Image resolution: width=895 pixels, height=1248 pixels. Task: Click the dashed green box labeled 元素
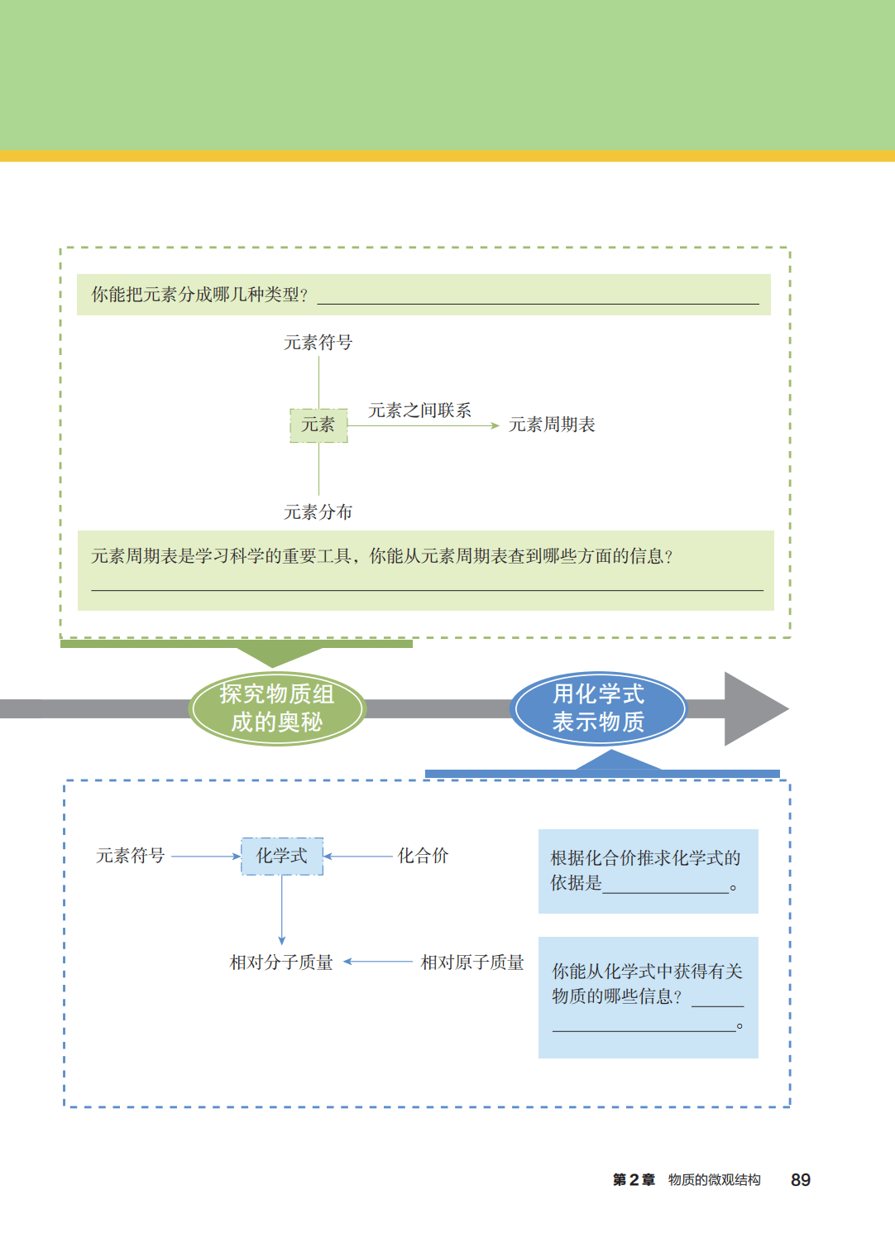[x=318, y=425]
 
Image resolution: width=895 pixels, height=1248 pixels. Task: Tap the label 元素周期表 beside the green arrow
[x=552, y=425]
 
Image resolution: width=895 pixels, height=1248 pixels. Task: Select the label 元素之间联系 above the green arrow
[x=419, y=410]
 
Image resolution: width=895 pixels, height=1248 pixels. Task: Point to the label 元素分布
[x=318, y=512]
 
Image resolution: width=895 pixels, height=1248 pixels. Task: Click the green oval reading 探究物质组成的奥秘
[x=277, y=708]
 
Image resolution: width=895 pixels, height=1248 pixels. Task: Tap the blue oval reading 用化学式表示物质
[x=598, y=708]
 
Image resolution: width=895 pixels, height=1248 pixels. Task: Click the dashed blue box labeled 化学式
[x=282, y=856]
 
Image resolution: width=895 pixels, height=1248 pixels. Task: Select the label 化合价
[x=423, y=856]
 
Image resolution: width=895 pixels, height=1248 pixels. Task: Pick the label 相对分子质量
[x=281, y=962]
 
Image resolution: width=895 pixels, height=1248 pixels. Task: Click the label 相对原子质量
[x=472, y=962]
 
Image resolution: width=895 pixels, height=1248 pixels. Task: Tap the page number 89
[x=800, y=1180]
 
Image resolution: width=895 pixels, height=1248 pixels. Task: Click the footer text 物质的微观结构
[x=714, y=1180]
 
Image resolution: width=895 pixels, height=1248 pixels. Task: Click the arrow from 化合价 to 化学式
[x=358, y=857]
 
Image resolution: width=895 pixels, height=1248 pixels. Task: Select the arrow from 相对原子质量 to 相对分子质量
[x=378, y=962]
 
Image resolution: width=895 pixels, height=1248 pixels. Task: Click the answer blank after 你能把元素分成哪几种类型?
[x=538, y=296]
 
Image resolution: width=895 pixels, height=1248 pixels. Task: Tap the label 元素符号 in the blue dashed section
[x=131, y=856]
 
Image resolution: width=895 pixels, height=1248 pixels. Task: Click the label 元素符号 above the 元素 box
[x=318, y=343]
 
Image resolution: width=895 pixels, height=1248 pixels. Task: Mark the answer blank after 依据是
[x=666, y=886]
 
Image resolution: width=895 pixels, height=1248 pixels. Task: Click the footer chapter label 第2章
[x=634, y=1180]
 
